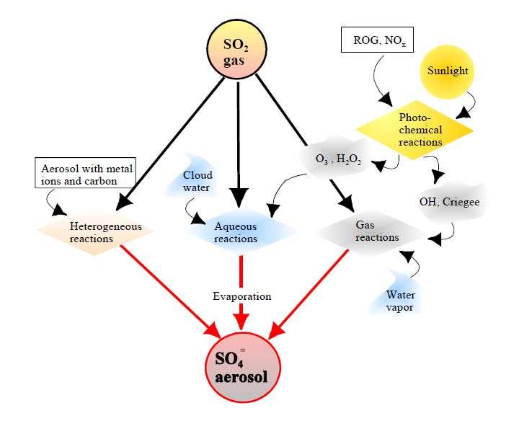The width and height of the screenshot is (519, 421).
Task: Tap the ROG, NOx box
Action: coord(377,40)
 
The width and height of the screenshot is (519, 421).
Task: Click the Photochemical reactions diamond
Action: coord(415,130)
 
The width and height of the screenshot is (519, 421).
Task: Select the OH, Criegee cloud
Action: coord(450,201)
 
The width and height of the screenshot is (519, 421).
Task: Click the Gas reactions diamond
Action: coord(371,234)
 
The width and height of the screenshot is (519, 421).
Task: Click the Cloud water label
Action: coord(197,181)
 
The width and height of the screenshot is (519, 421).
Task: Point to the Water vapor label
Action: coord(400,301)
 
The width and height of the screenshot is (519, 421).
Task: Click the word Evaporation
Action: coord(242,296)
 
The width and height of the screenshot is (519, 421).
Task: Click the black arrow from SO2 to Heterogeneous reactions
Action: coord(170,144)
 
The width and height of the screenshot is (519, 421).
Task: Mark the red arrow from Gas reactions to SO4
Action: coord(309,295)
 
